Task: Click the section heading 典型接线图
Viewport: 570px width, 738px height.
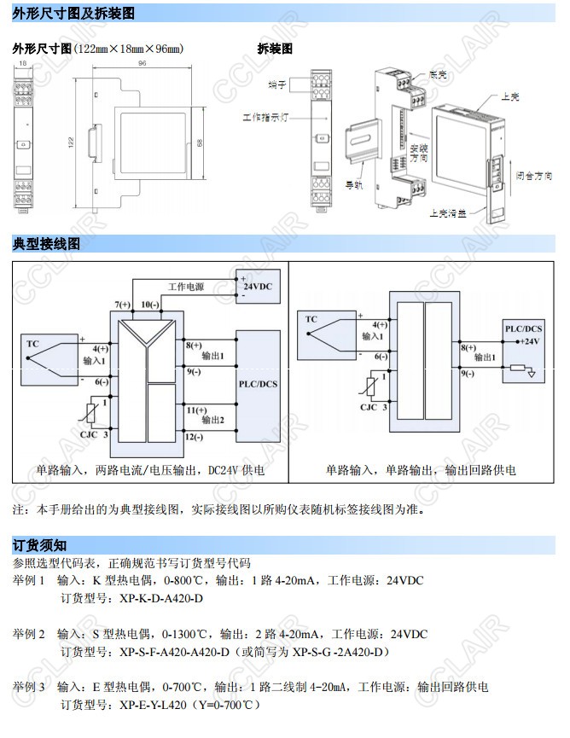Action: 46,244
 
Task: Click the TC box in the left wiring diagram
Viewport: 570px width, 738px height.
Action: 32,345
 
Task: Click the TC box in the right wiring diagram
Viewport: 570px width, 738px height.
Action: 311,320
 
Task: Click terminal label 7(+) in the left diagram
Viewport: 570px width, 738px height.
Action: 123,305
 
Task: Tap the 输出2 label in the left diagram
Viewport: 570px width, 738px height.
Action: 212,421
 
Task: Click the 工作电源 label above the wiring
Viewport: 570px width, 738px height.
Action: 185,287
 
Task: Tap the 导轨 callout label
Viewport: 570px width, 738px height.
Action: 352,183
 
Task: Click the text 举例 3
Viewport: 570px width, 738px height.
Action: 28,687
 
